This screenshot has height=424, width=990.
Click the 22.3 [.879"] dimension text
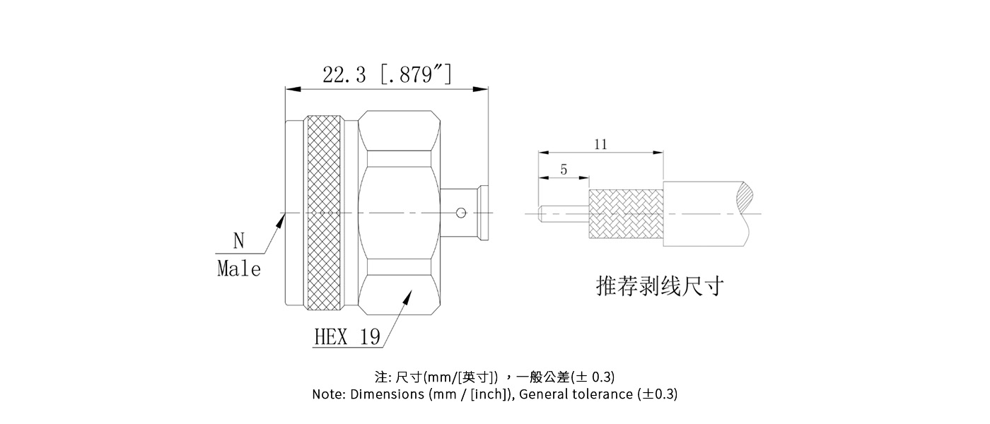(x=388, y=74)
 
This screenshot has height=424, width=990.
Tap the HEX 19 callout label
(x=347, y=337)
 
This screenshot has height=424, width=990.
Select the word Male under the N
(x=239, y=269)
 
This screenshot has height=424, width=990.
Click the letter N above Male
(x=239, y=241)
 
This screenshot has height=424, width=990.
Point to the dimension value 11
(x=600, y=144)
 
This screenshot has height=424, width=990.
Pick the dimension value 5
(x=564, y=170)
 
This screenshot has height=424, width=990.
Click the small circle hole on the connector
(x=461, y=213)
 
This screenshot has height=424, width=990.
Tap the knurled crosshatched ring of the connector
(x=324, y=213)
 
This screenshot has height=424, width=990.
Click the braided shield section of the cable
(x=626, y=214)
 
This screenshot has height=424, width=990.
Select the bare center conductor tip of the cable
(x=540, y=213)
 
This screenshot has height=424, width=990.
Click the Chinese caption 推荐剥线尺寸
(x=660, y=285)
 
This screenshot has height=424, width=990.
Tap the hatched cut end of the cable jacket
(x=745, y=197)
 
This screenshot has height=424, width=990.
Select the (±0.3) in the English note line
(x=658, y=394)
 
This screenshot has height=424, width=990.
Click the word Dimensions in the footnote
(x=388, y=394)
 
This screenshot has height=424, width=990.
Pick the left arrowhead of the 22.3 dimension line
(x=293, y=89)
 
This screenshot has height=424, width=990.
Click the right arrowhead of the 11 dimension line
(x=658, y=153)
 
